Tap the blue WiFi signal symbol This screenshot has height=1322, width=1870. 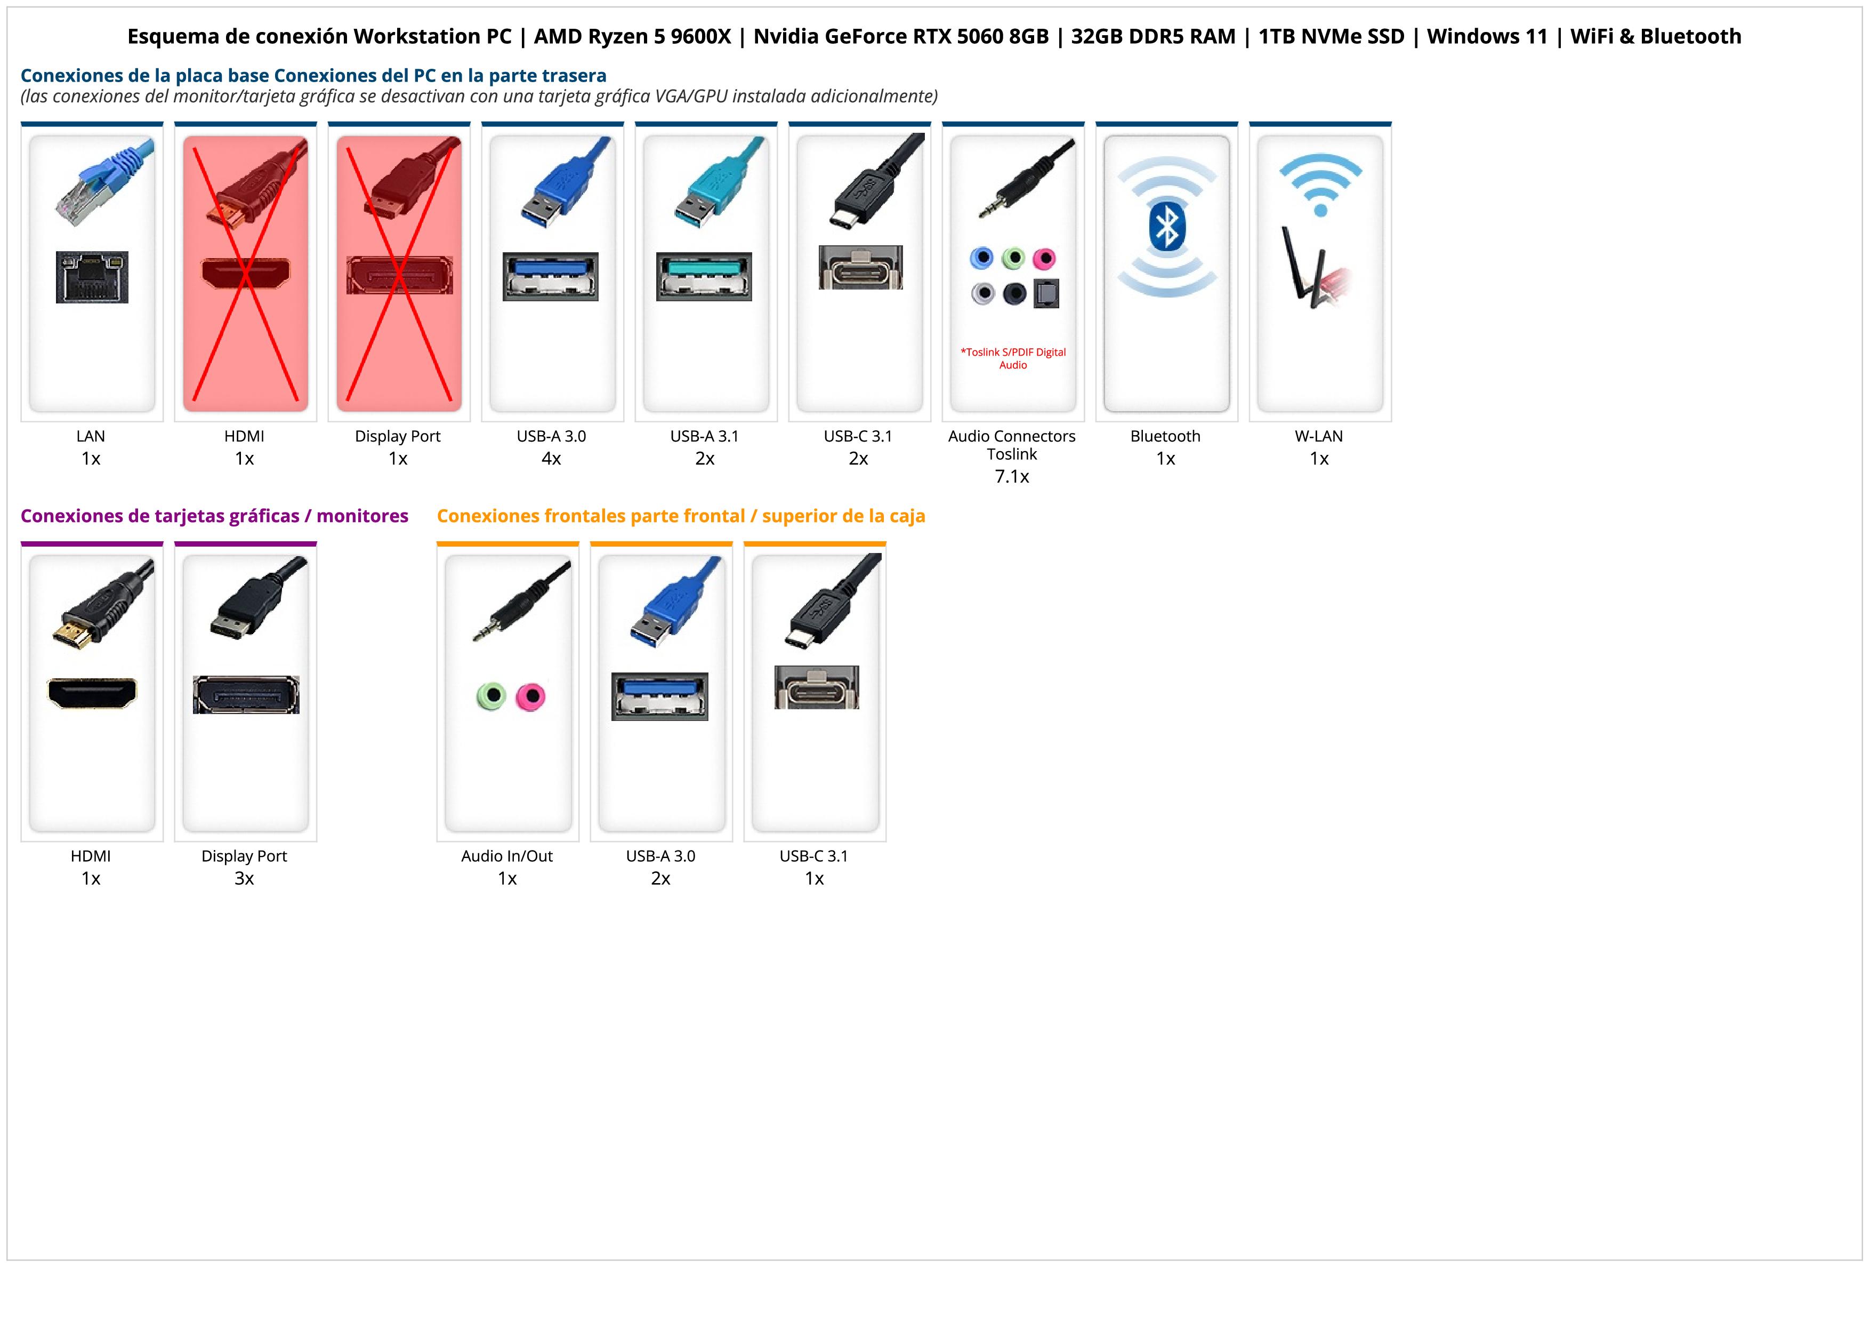(x=1320, y=185)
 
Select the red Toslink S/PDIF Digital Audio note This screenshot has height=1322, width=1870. (x=1012, y=358)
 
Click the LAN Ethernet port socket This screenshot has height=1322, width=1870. (x=92, y=277)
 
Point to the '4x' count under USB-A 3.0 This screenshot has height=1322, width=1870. (x=551, y=459)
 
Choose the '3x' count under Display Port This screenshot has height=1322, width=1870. (x=244, y=878)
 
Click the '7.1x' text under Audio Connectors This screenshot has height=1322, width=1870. (x=1012, y=477)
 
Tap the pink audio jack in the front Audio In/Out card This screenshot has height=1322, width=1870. (x=531, y=696)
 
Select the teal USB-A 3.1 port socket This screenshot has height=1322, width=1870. (x=704, y=277)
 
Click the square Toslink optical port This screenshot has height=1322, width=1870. (x=1046, y=293)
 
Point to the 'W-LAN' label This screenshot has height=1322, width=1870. (x=1319, y=436)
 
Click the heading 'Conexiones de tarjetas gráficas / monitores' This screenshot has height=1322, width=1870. (x=214, y=516)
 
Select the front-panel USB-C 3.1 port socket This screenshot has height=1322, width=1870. (x=816, y=687)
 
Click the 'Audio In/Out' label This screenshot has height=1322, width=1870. (x=506, y=856)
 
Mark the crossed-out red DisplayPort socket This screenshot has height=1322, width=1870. (x=399, y=275)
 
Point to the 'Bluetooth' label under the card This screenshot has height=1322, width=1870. (x=1165, y=436)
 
